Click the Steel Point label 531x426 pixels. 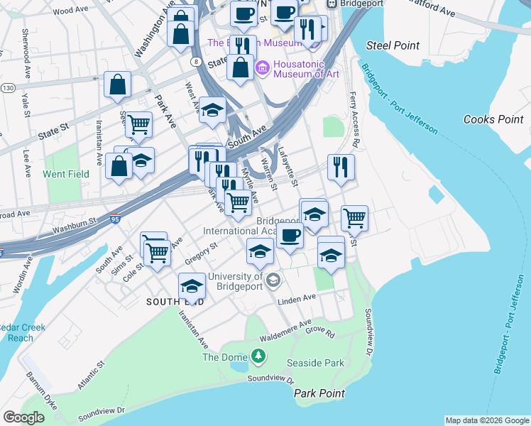(393, 45)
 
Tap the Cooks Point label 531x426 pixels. (493, 119)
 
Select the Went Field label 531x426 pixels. (66, 174)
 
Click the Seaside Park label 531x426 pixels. (315, 363)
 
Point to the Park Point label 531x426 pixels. (319, 393)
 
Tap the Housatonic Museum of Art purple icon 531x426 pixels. (261, 67)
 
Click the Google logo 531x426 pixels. (23, 417)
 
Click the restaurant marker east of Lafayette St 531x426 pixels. (341, 168)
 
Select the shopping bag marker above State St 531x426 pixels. (117, 84)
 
